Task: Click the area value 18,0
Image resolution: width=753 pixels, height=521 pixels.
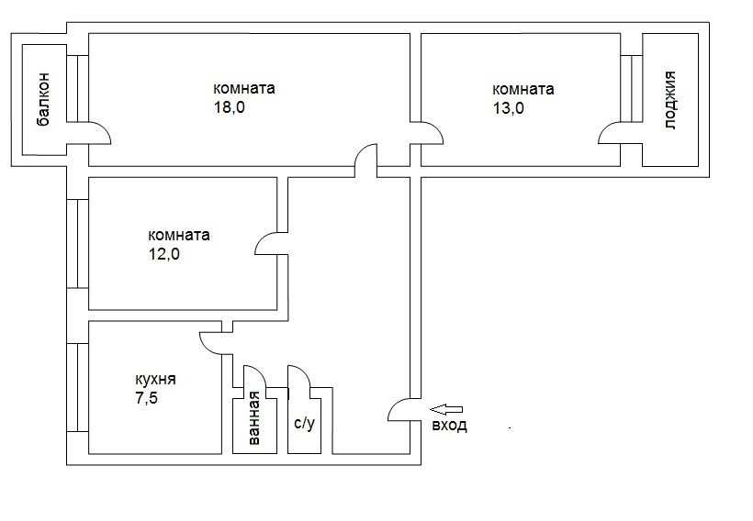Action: click(x=229, y=107)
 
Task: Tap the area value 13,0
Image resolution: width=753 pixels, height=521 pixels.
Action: click(x=509, y=107)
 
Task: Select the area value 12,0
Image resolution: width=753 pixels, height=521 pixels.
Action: click(x=164, y=254)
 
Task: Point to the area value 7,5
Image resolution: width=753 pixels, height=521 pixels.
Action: click(x=147, y=398)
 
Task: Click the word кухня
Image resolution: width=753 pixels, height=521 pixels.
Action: click(x=155, y=380)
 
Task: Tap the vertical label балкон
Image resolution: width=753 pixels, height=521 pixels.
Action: click(x=43, y=99)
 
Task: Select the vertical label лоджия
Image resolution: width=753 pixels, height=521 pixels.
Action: click(x=670, y=100)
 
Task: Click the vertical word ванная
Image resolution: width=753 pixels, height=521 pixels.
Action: click(x=254, y=418)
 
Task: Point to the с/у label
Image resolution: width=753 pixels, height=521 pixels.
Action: click(x=305, y=423)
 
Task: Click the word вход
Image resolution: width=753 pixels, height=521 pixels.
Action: click(x=449, y=425)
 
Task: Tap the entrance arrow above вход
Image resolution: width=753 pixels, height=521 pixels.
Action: click(x=446, y=409)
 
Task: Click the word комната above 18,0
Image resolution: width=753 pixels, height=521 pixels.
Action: click(x=244, y=89)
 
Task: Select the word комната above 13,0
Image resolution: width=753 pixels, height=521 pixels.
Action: click(x=523, y=90)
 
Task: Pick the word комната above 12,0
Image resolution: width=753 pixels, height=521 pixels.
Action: click(x=179, y=236)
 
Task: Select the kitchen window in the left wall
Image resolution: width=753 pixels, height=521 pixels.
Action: click(x=77, y=388)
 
